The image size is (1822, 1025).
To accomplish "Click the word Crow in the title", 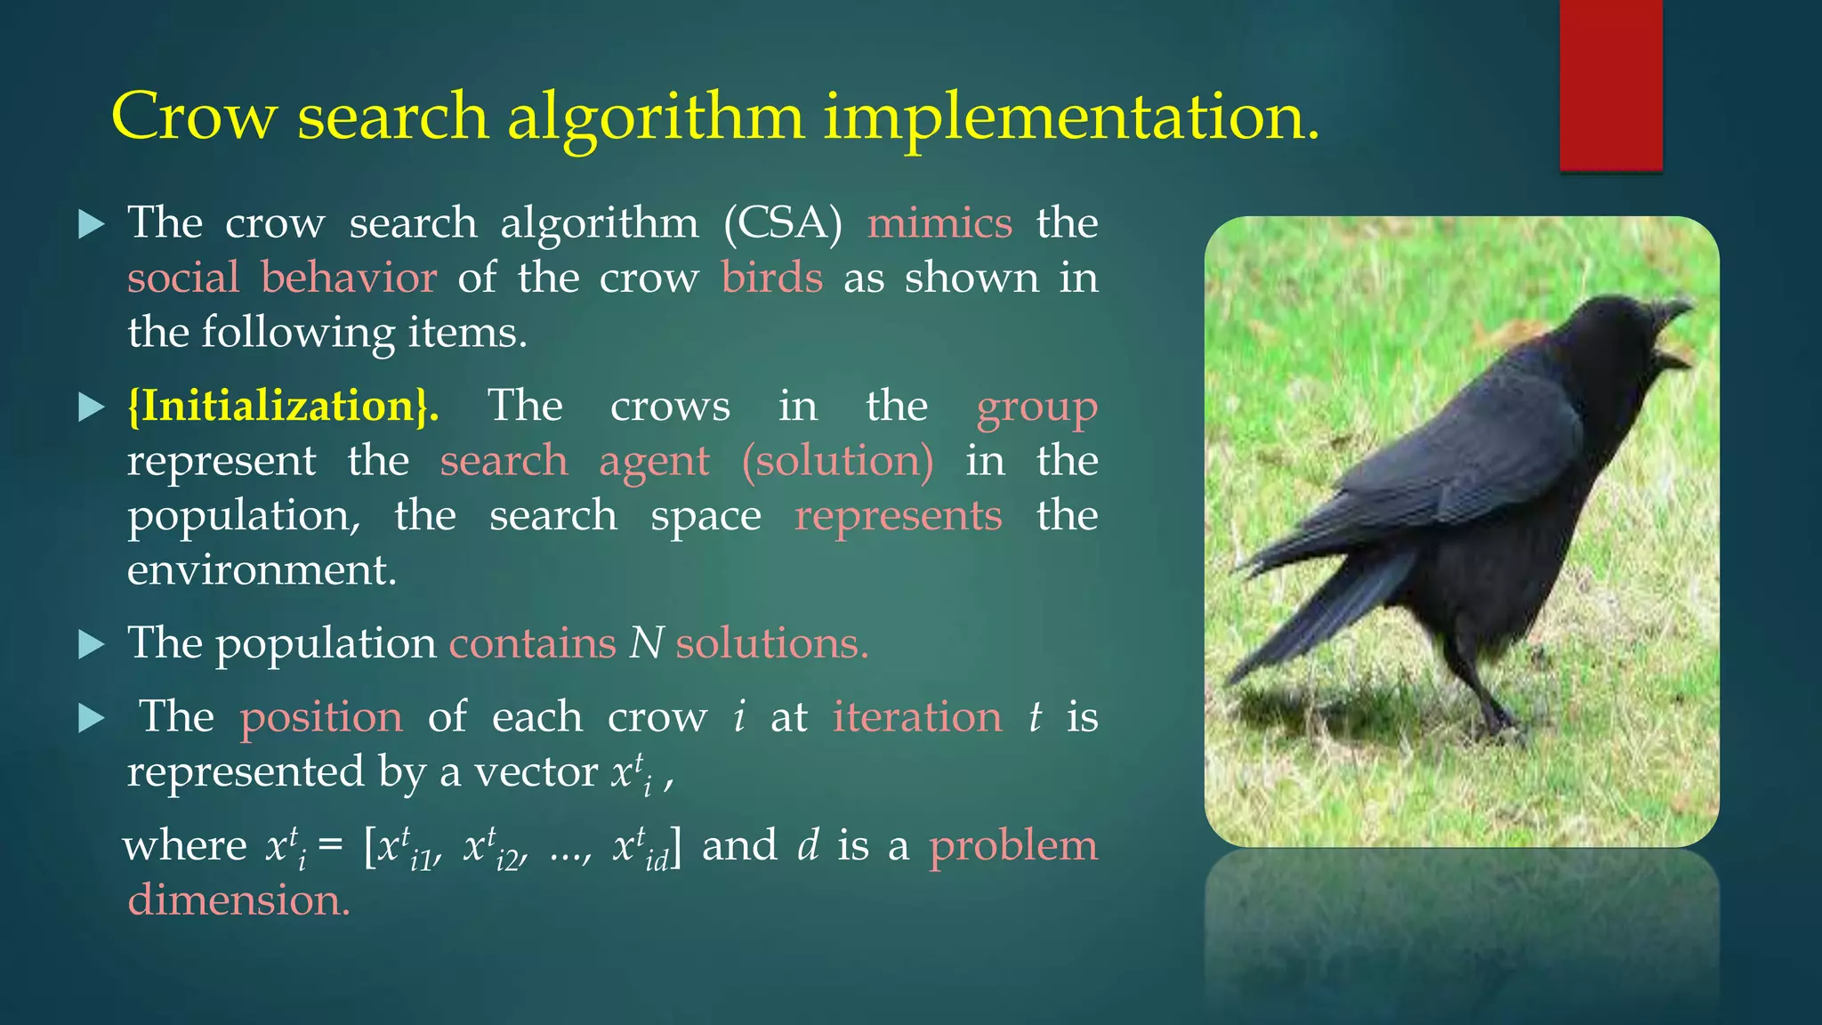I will (194, 116).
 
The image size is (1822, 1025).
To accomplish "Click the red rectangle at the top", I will (1610, 85).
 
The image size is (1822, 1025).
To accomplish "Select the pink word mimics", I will (939, 222).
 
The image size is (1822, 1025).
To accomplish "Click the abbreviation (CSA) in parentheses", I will (783, 222).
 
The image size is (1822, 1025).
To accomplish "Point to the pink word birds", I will (771, 278).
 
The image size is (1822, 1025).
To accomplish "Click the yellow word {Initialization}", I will (283, 406).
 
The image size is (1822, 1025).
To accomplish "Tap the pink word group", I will (1036, 408).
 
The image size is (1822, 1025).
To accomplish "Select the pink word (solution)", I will (838, 461).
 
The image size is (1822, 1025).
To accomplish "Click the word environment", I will (262, 569).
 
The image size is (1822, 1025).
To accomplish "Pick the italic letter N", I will (646, 642).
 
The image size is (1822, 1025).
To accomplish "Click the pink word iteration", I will (917, 716).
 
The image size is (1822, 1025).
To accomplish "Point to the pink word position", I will (321, 716).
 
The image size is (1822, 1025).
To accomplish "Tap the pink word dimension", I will (238, 900).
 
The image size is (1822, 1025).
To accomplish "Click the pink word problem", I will (1013, 845).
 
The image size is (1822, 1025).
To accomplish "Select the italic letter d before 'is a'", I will (808, 845).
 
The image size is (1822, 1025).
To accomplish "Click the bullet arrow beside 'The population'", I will (92, 643).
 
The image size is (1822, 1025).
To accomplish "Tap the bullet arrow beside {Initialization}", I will (92, 407).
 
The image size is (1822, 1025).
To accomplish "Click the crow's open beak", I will (1673, 334).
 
